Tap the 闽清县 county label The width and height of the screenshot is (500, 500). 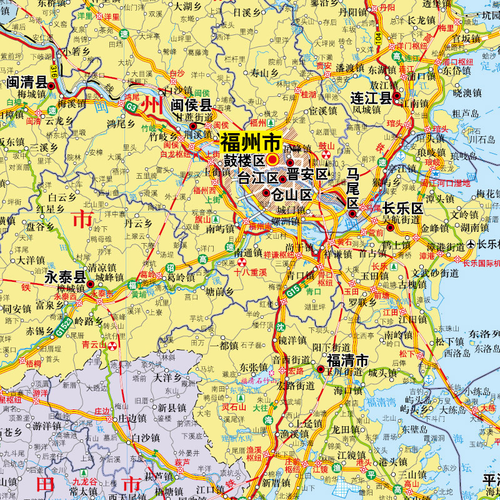(x=27, y=82)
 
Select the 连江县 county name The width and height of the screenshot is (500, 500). (x=370, y=97)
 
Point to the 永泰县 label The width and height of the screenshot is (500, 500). (x=64, y=277)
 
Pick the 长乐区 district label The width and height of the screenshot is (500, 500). (x=403, y=208)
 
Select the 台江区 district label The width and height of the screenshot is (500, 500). (x=257, y=177)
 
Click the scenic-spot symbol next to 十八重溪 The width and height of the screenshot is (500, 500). (x=242, y=262)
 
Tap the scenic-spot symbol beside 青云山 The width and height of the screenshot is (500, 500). (x=112, y=344)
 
